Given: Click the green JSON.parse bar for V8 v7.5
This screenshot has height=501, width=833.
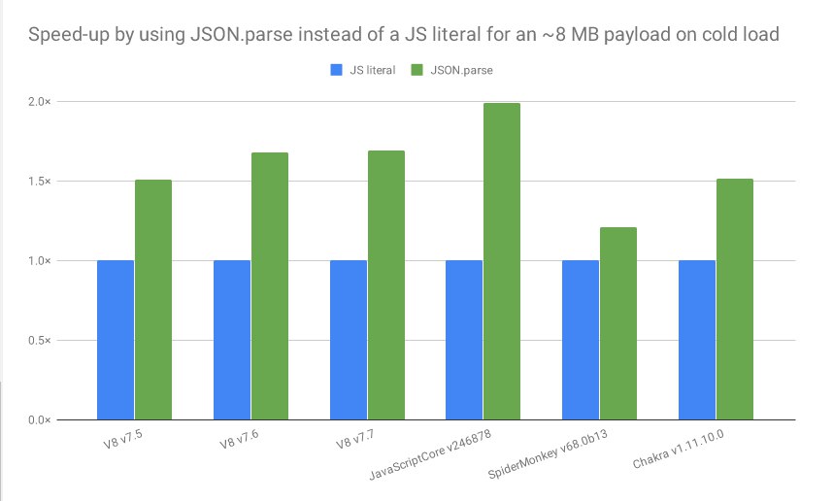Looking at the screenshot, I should coord(152,299).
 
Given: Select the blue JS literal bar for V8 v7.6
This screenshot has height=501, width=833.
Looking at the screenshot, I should coord(232,340).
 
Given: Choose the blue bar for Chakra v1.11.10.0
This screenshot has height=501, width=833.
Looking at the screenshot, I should coord(697,340).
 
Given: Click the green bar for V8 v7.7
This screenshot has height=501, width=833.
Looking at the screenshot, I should coord(385,284).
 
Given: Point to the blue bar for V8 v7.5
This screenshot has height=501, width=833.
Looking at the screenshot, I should coord(116,340).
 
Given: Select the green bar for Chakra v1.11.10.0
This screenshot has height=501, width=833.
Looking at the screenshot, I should coord(734,299).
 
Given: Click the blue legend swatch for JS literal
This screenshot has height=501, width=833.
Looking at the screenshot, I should coord(337,69).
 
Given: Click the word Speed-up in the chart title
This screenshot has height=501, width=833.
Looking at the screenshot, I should coord(68,36).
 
